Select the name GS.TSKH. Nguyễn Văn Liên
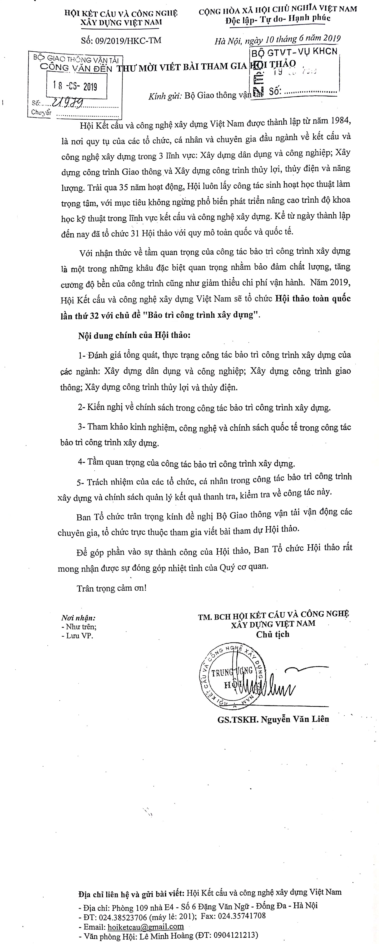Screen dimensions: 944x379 click(x=273, y=719)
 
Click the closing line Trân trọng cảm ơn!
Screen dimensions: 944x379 click(x=112, y=588)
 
